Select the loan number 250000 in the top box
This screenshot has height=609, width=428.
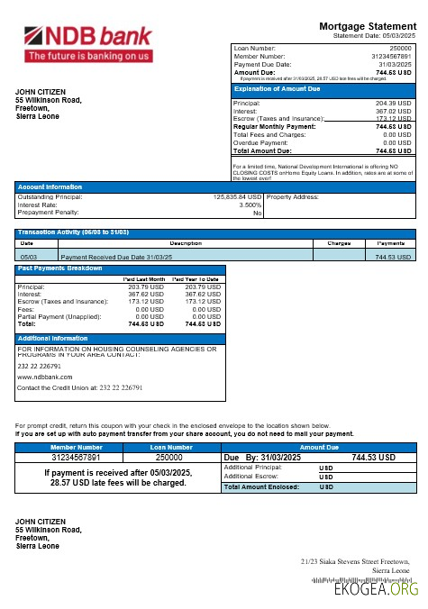pos(398,47)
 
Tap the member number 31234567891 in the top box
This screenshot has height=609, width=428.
pos(388,56)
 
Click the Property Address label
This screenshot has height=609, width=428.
pos(293,196)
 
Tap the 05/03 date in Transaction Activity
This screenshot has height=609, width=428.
pos(28,257)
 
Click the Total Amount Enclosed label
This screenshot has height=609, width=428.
pos(257,486)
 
